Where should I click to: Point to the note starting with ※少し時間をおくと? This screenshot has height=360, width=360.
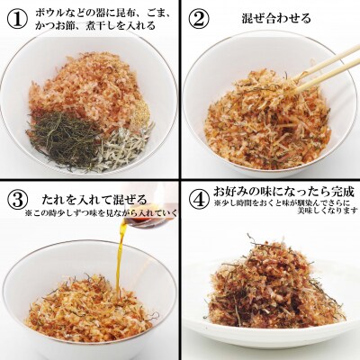tap(283, 206)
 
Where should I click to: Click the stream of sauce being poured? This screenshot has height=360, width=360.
tap(121, 252)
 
